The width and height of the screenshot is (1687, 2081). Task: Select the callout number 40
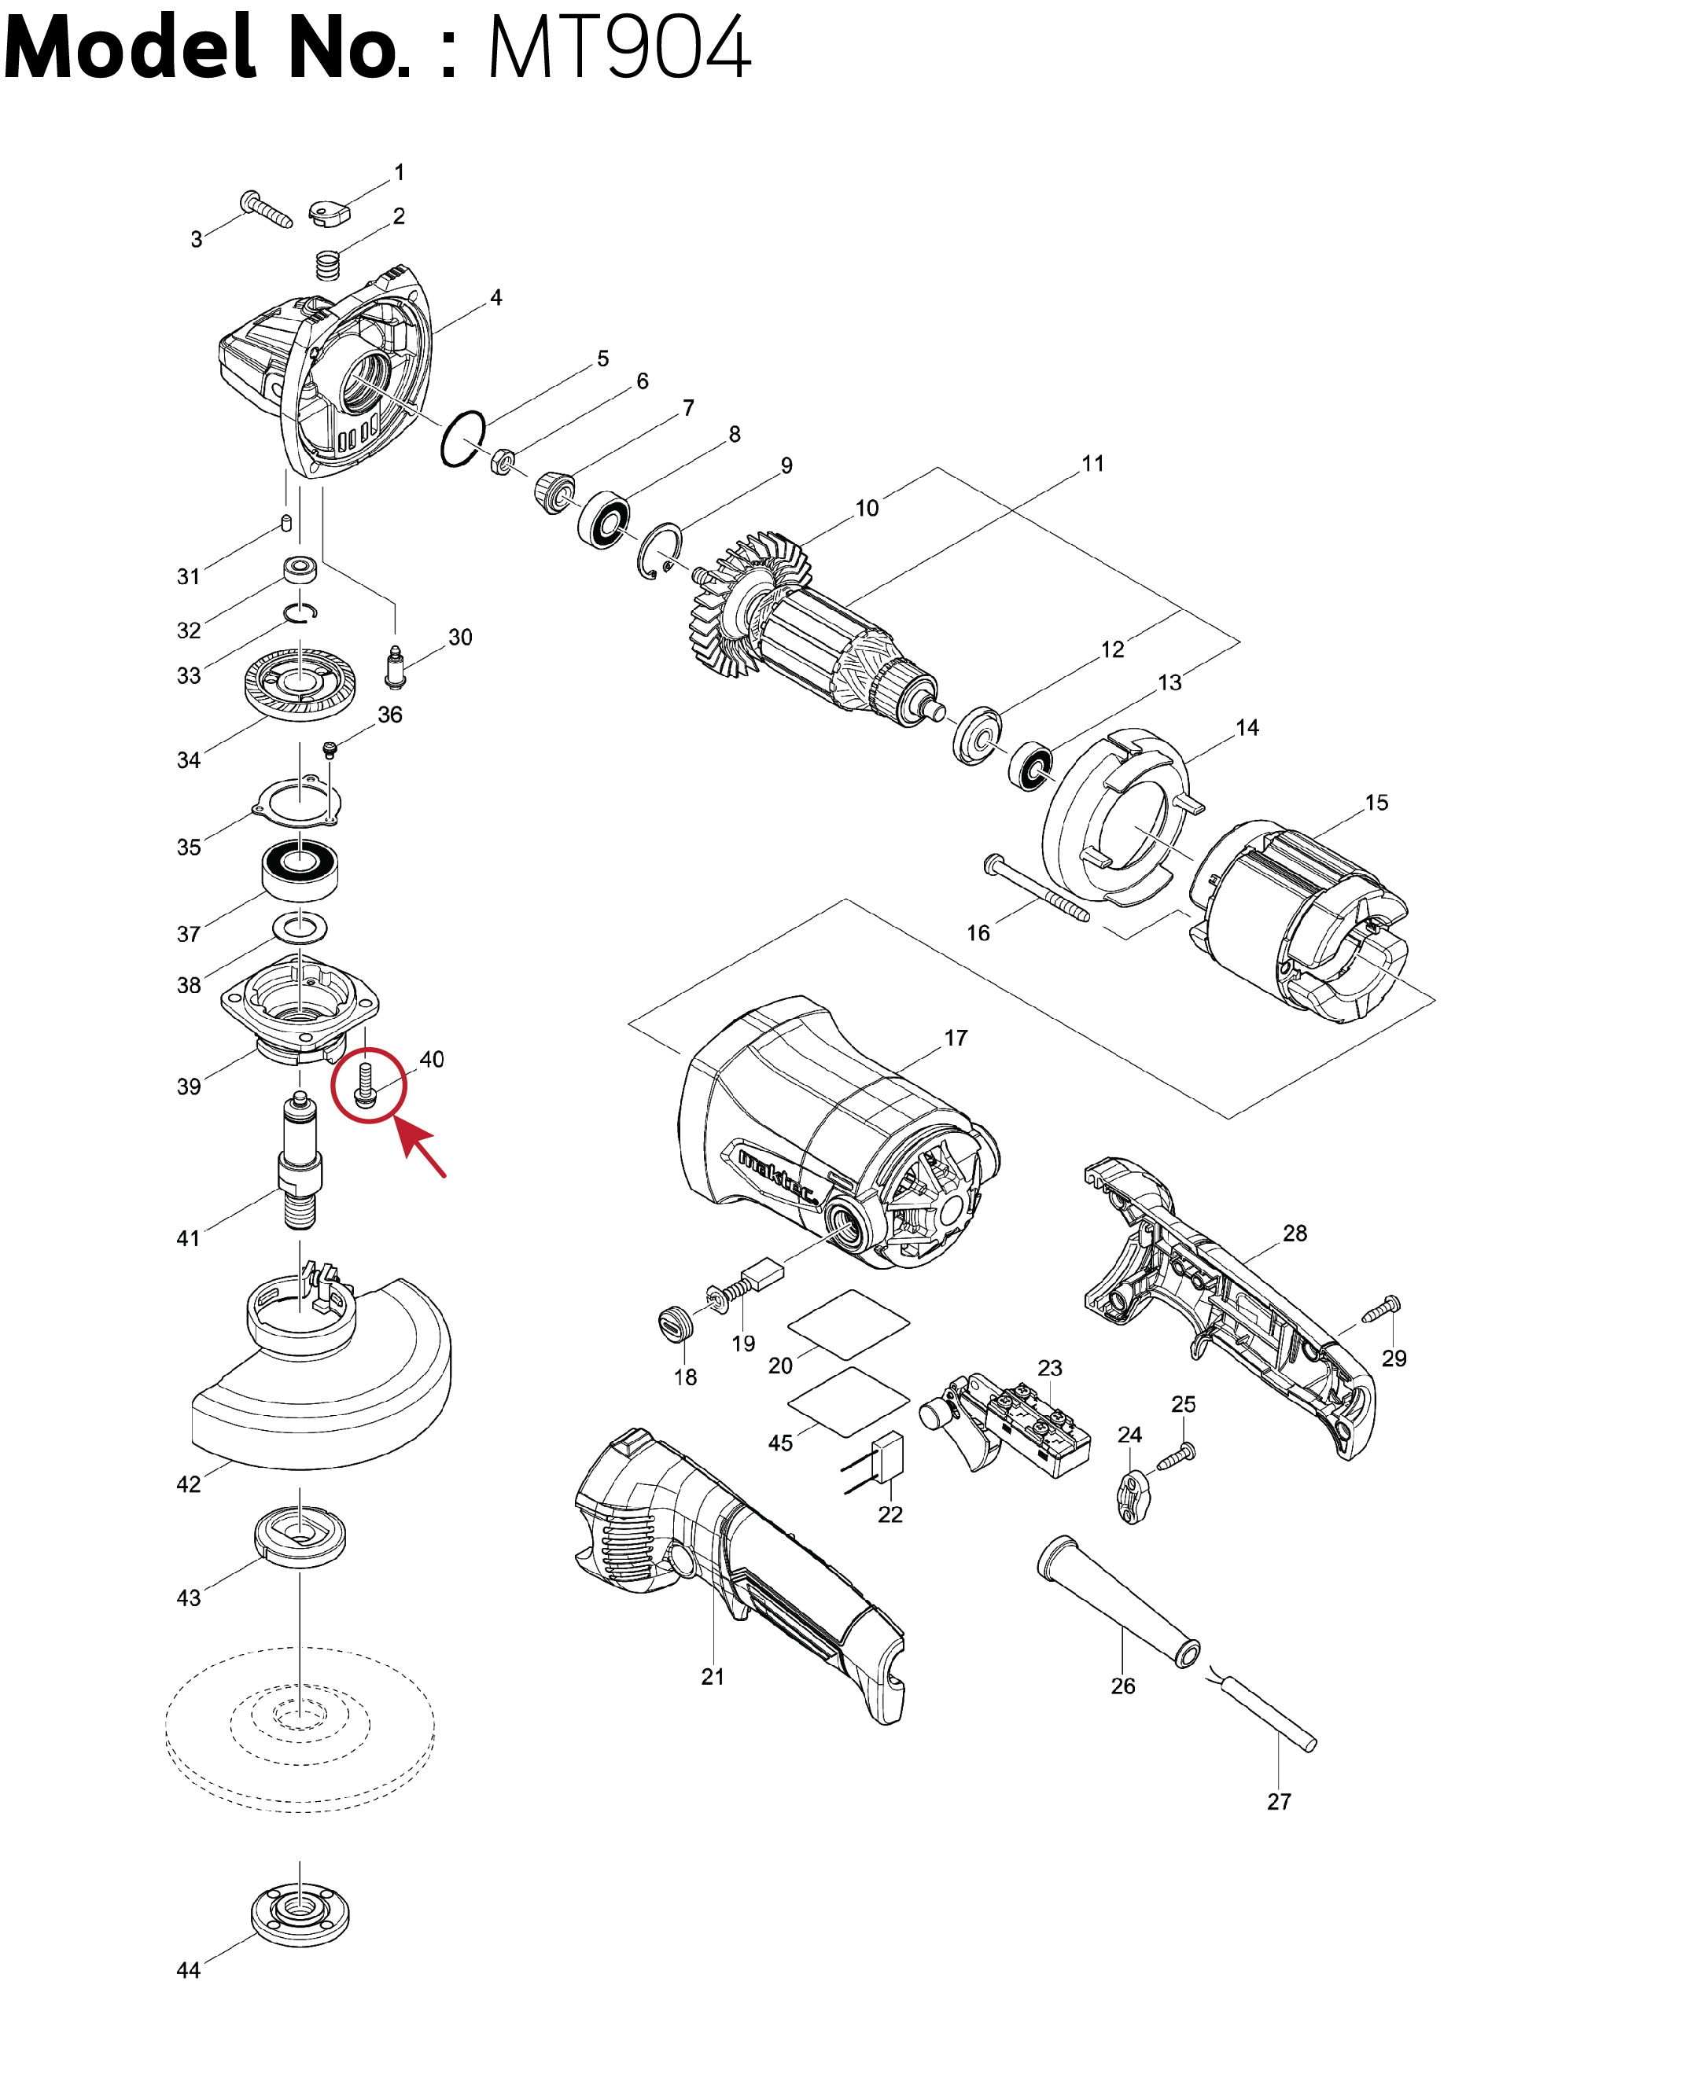(x=432, y=1059)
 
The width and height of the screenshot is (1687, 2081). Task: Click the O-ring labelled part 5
(x=462, y=438)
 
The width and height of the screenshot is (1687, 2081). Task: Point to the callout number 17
(x=956, y=1038)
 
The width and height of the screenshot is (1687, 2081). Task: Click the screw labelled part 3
(x=265, y=208)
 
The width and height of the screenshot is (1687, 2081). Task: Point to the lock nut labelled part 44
(x=300, y=1914)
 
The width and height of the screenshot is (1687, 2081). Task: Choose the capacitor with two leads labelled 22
(x=888, y=1458)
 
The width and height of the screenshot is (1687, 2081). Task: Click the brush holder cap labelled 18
(x=675, y=1323)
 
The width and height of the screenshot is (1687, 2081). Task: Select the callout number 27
(x=1279, y=1801)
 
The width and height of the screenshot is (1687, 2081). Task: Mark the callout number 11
(x=1092, y=463)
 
